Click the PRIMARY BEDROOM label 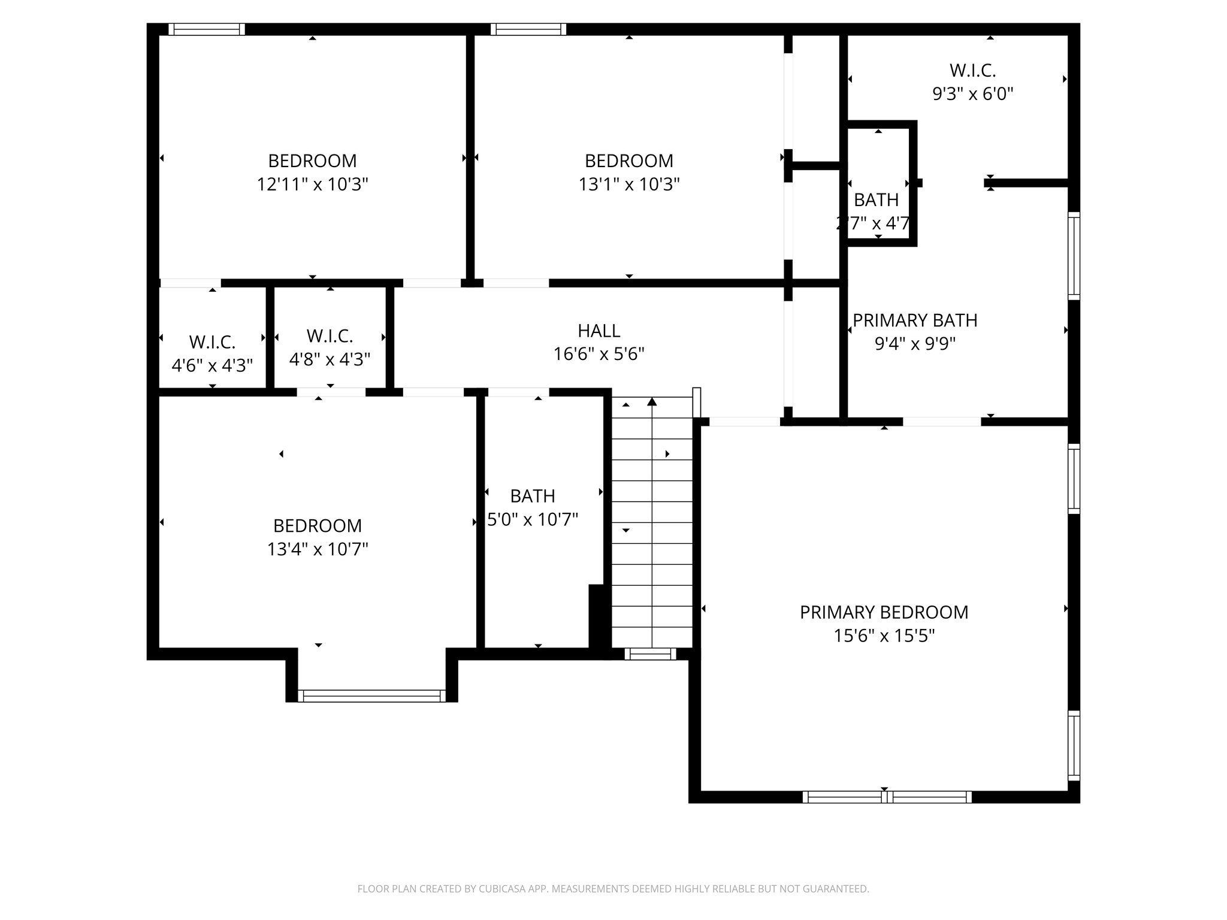point(884,612)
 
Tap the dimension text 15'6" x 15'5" point(884,635)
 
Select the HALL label point(599,331)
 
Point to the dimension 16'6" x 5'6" point(599,354)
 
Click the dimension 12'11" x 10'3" point(312,184)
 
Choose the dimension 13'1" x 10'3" point(628,184)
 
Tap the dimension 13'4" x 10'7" point(317,549)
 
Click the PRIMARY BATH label point(914,320)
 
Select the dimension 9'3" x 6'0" point(972,94)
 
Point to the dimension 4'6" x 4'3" point(212,365)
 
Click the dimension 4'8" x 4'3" point(330,359)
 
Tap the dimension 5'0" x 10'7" point(532,519)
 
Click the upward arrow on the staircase point(652,402)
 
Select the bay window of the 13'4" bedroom point(371,695)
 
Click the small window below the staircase point(650,654)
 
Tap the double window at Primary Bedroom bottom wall point(886,797)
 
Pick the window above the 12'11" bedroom point(206,29)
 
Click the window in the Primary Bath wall point(1074,256)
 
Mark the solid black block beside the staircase point(596,616)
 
